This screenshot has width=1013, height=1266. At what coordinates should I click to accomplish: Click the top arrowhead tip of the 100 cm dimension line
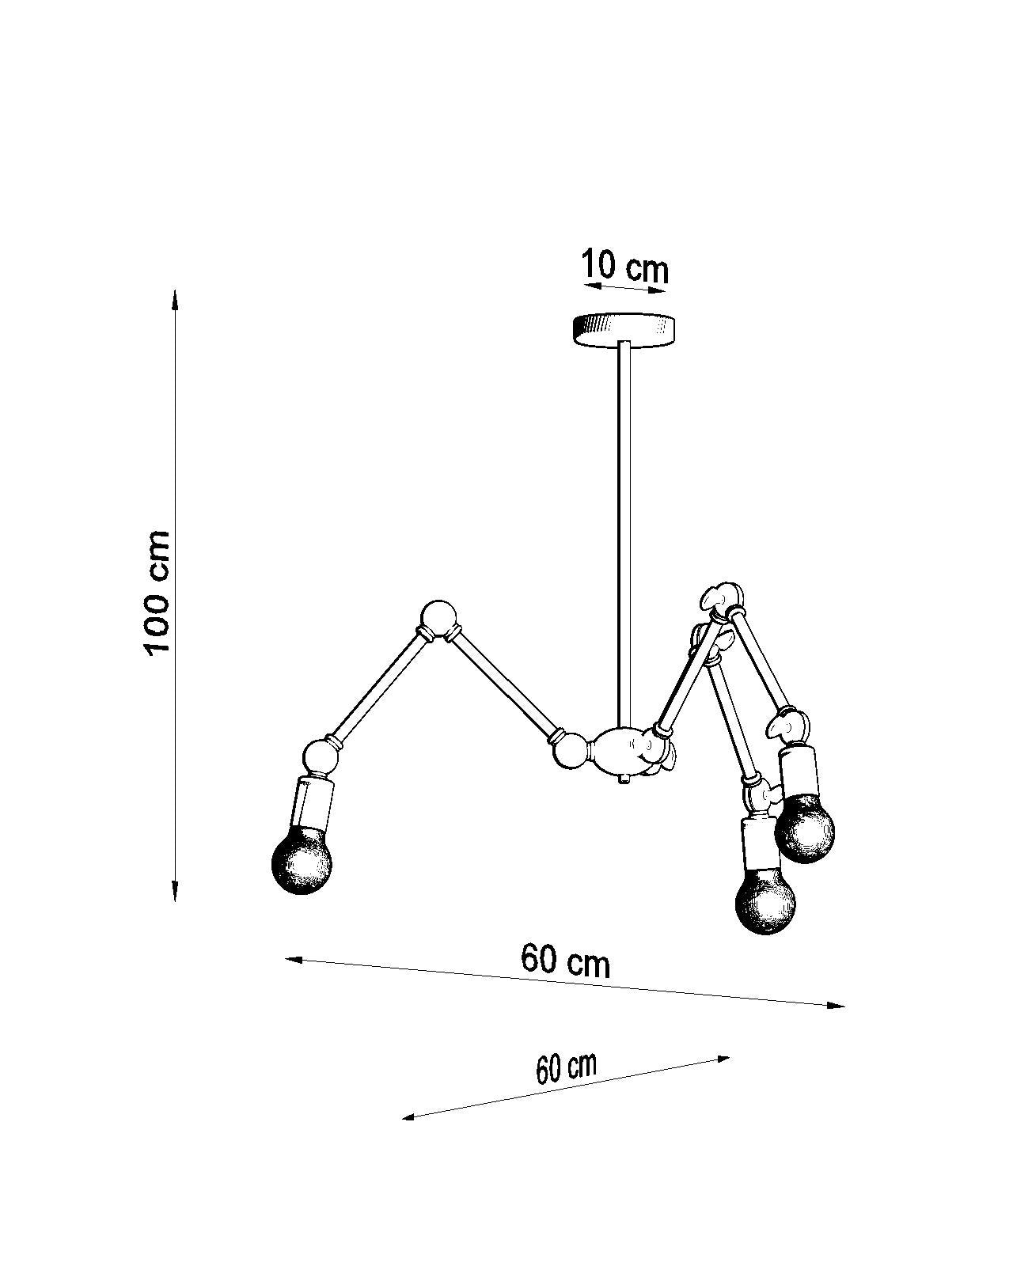point(174,290)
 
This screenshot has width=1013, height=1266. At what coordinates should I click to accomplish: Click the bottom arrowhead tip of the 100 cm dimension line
point(175,901)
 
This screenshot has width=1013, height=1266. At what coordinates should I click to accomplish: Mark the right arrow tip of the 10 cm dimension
point(667,290)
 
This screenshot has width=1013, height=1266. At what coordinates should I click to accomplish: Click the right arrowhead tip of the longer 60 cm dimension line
point(845,1006)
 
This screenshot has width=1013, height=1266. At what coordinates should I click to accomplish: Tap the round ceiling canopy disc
point(624,330)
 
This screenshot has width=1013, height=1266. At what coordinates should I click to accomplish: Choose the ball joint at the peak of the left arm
point(438,618)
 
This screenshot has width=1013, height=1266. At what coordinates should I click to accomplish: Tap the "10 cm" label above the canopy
point(625,267)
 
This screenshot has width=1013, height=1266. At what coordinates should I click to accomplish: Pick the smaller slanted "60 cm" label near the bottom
point(566,1067)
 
